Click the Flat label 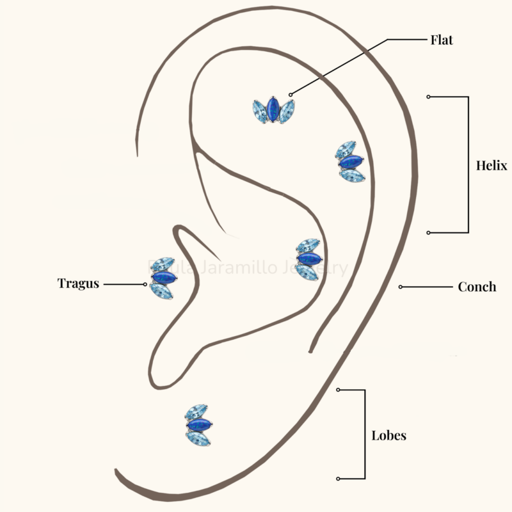click(442, 40)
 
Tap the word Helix click(492, 165)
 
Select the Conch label click(477, 287)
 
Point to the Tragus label click(78, 283)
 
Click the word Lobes click(389, 436)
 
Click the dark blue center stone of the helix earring click(349, 163)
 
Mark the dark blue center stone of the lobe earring click(198, 425)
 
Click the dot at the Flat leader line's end click(291, 95)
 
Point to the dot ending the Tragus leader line click(147, 284)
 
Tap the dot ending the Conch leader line click(401, 287)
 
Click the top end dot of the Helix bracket click(428, 97)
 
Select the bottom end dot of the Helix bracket click(428, 232)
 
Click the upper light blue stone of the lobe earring click(196, 412)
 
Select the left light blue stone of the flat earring click(259, 111)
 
